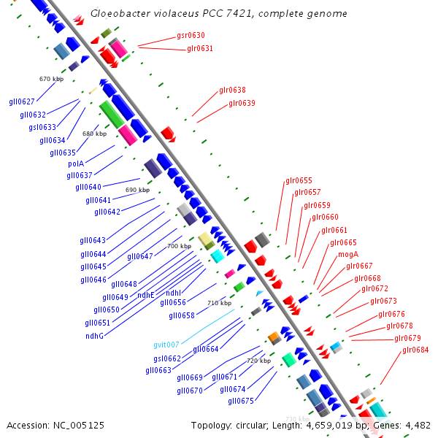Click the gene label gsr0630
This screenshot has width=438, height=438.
[x=191, y=35]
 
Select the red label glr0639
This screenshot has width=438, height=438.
[x=242, y=103]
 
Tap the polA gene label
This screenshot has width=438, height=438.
[x=76, y=164]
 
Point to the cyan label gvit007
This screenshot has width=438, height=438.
[x=166, y=345]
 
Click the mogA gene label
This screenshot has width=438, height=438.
[x=348, y=254]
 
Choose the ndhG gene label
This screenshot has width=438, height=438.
[x=94, y=336]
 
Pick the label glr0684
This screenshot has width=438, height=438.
[x=415, y=350]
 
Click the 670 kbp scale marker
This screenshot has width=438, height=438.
[x=51, y=79]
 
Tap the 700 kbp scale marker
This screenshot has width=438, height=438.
[x=179, y=246]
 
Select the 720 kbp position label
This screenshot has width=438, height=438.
[x=258, y=361]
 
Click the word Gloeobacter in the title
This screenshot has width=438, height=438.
[x=118, y=14]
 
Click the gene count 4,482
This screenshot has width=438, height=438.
[x=416, y=425]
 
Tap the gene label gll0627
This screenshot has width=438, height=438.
[x=22, y=101]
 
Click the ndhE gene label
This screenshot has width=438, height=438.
[x=146, y=295]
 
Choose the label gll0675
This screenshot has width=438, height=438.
[x=241, y=401]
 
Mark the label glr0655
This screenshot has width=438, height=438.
[x=299, y=180]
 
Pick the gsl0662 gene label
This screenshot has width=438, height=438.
[x=167, y=358]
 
